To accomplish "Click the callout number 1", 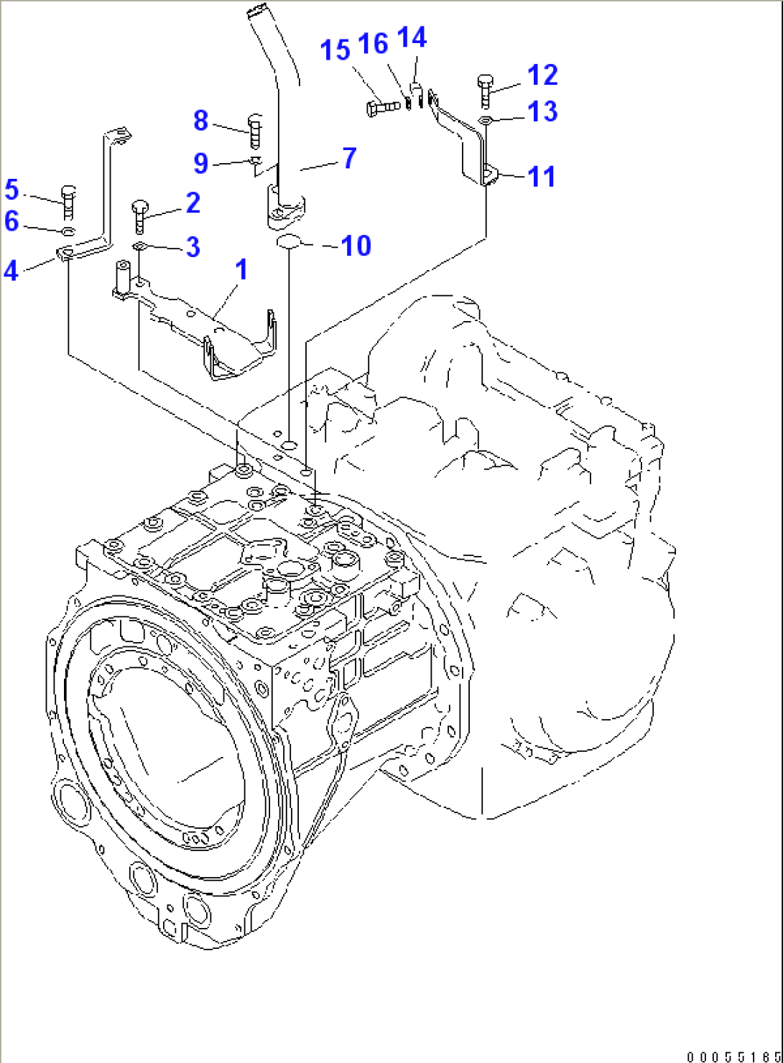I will click(x=241, y=270).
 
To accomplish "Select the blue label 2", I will click(x=193, y=203).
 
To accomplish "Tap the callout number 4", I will click(x=11, y=271).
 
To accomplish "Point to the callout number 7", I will click(x=349, y=158).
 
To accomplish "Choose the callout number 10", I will click(x=356, y=246).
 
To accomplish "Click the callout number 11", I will click(x=542, y=177).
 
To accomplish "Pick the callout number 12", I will click(x=542, y=75).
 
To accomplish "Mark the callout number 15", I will click(x=335, y=50).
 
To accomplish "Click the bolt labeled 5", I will click(x=68, y=202).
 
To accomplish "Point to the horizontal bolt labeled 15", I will click(x=383, y=108).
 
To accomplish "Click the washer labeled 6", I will click(x=68, y=231).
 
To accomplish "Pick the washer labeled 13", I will click(x=485, y=119).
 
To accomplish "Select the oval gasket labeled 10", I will click(x=289, y=242).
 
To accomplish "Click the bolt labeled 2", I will click(x=139, y=215).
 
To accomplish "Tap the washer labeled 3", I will click(x=139, y=247).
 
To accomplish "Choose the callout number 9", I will click(x=201, y=163).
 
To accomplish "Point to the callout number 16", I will click(x=373, y=44).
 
